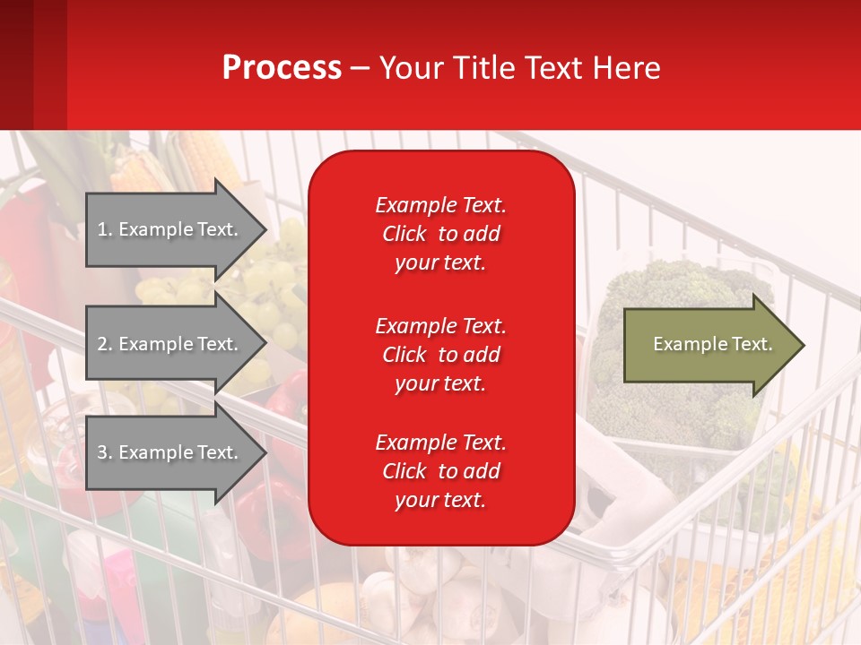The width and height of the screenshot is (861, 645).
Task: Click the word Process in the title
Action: point(282,68)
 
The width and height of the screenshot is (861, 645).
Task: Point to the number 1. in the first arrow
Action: point(105,229)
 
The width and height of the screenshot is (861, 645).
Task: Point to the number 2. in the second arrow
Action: point(105,344)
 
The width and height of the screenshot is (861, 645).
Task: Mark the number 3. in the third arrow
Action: point(105,452)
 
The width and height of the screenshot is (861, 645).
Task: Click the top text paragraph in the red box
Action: point(440,234)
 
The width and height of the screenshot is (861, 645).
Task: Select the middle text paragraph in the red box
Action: point(440,355)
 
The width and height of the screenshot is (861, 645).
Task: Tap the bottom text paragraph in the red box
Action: point(440,471)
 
